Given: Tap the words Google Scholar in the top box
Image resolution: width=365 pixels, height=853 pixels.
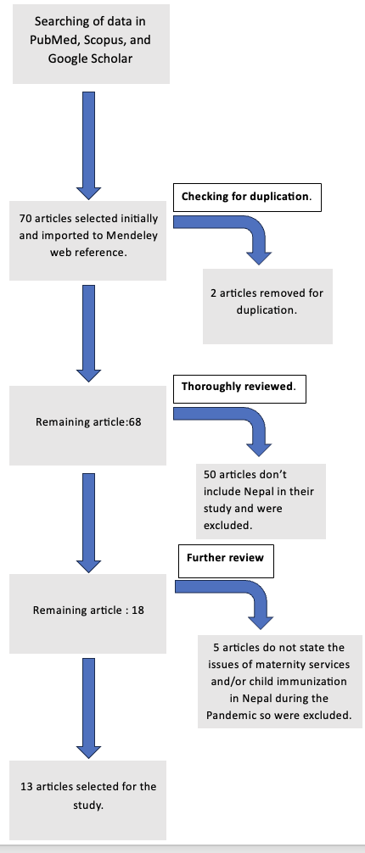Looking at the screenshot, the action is tap(91, 59).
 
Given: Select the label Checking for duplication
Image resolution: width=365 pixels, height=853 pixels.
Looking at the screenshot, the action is tap(247, 197).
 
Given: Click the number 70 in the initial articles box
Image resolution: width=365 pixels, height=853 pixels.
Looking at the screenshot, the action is tap(25, 219).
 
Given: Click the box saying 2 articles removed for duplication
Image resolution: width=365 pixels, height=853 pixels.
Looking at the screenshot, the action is tap(267, 306).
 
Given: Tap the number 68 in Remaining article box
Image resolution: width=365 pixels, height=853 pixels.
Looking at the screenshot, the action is tap(135, 421).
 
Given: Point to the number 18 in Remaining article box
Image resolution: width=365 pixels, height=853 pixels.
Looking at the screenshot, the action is tap(138, 610).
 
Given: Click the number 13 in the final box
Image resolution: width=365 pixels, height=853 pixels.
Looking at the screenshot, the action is tap(26, 787).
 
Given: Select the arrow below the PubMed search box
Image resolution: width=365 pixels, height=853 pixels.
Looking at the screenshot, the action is tap(88, 145).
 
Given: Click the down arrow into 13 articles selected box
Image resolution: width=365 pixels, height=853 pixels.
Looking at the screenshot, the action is tap(88, 708).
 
